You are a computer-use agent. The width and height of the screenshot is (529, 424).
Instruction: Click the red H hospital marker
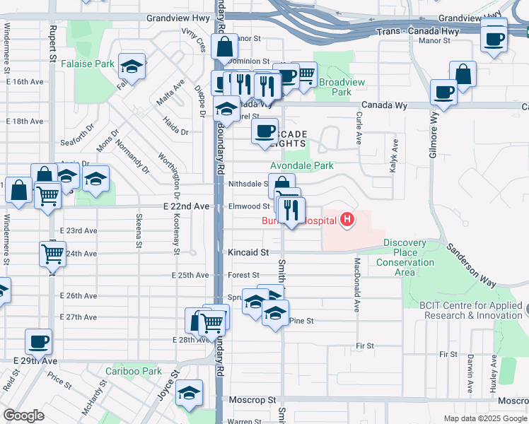pos(347,220)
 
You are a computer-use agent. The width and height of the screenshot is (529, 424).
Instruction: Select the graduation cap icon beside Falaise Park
pos(132,66)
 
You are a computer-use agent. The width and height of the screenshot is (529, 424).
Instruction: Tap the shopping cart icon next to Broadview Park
pos(304,73)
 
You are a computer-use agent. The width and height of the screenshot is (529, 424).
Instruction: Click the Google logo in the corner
pos(23,416)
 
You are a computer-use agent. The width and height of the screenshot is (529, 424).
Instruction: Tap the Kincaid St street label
pos(248,252)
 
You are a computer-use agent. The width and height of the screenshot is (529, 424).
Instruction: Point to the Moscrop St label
pos(252,400)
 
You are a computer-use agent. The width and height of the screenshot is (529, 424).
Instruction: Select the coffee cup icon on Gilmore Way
pos(443,93)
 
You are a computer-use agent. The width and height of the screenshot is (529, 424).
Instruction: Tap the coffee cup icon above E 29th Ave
pos(38,343)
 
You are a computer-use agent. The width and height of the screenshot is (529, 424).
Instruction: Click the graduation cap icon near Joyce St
pos(189,393)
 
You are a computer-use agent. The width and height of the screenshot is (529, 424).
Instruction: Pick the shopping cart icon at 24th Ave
pos(52,254)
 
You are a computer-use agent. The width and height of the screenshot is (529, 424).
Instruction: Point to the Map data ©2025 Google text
pos(484,418)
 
